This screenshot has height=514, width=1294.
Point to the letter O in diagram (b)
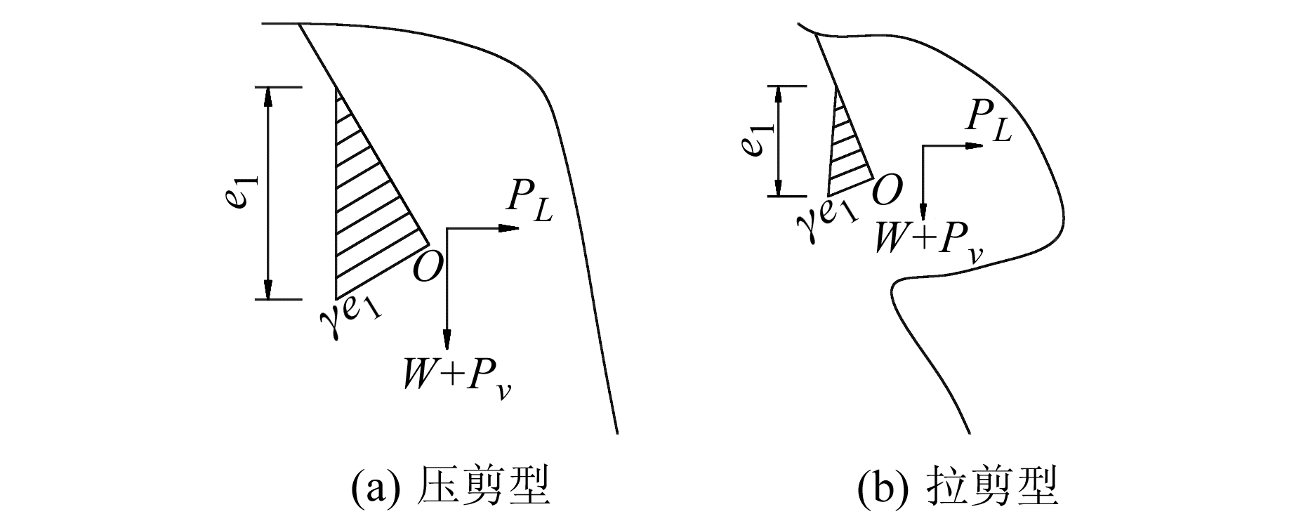pos(886,190)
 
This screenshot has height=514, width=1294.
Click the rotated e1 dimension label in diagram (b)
pos(751,140)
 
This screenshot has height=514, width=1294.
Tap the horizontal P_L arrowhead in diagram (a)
pos(508,228)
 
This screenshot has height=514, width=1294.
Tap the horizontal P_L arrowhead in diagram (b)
pos(974,146)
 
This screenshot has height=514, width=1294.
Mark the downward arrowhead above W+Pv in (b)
pos(924,211)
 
